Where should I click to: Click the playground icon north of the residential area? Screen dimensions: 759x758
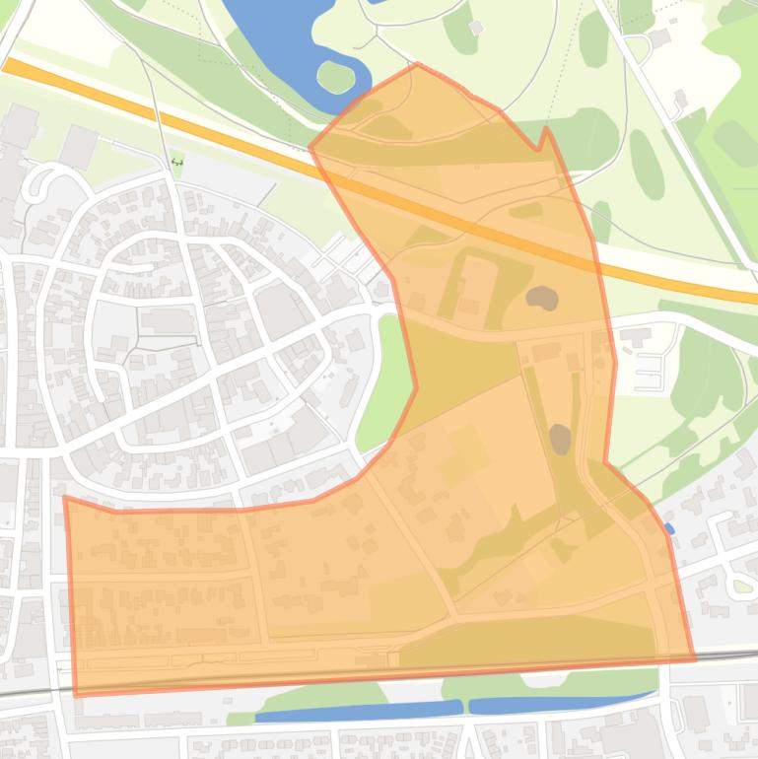click(177, 162)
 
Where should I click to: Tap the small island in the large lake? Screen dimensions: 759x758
click(335, 76)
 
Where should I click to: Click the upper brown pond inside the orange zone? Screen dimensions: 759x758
click(541, 297)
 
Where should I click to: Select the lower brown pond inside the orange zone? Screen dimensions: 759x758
click(560, 439)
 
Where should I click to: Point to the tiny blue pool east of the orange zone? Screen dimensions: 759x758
click(669, 529)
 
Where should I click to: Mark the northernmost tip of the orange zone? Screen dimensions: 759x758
click(418, 65)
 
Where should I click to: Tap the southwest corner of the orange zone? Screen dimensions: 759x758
click(76, 695)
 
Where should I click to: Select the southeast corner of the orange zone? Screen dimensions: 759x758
click(695, 658)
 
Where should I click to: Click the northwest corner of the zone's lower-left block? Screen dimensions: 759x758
click(65, 497)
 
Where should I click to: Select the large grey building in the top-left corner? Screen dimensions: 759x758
click(20, 122)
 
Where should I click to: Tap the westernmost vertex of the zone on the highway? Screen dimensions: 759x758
click(310, 149)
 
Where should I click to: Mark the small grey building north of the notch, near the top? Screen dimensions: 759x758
click(477, 29)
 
